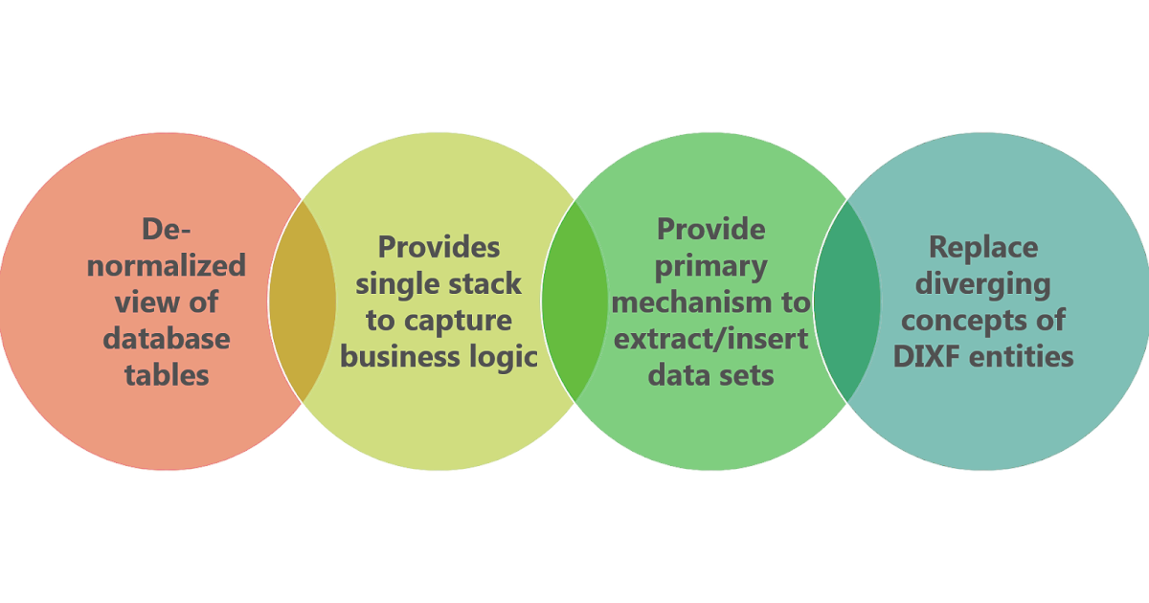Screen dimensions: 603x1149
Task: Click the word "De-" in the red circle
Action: pos(167,229)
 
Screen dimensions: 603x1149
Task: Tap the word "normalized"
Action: pos(167,265)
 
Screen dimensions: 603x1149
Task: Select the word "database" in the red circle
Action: pos(167,338)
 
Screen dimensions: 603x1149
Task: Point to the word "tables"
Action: pos(167,374)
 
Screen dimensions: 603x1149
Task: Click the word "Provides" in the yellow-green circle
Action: pos(439,247)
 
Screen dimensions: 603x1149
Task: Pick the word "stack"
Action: pos(488,283)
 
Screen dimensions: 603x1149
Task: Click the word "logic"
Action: pos(503,356)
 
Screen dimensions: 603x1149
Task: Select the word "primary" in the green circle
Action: pos(711,265)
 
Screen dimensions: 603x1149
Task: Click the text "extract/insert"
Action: pos(711,338)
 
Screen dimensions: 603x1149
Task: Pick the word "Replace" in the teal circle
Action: pos(983,247)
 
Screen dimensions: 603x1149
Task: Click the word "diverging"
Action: pos(983,283)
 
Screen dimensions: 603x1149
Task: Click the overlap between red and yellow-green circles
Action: pos(303,301)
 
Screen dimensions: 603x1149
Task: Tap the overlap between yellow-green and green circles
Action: pos(574,301)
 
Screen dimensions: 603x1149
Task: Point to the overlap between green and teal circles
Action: pos(847,301)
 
